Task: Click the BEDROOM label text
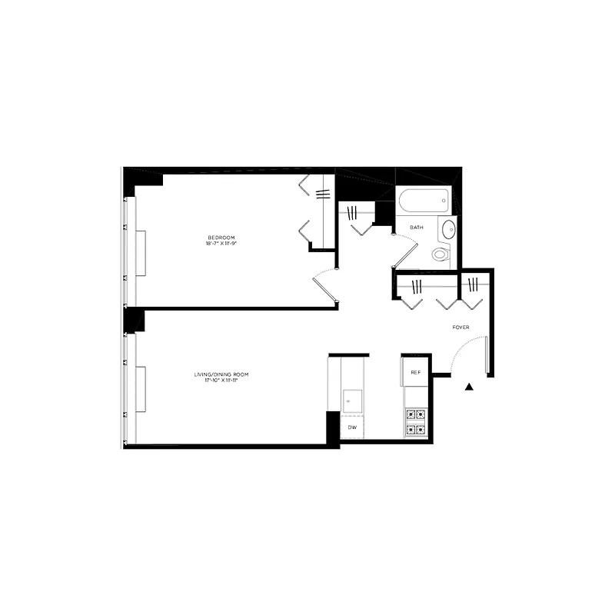point(221,237)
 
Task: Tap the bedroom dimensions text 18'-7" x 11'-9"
point(221,244)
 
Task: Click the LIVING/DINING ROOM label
point(221,374)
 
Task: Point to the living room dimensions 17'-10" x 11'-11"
point(221,381)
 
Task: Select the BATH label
point(417,228)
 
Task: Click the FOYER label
point(460,327)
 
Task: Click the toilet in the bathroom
point(440,254)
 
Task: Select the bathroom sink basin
point(448,228)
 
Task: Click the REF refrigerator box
point(415,373)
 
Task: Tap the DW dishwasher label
point(352,427)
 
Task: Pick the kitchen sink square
point(352,399)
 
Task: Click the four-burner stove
point(415,422)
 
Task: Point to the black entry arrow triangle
point(470,387)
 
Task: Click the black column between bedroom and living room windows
point(135,319)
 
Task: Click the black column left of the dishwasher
point(333,427)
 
